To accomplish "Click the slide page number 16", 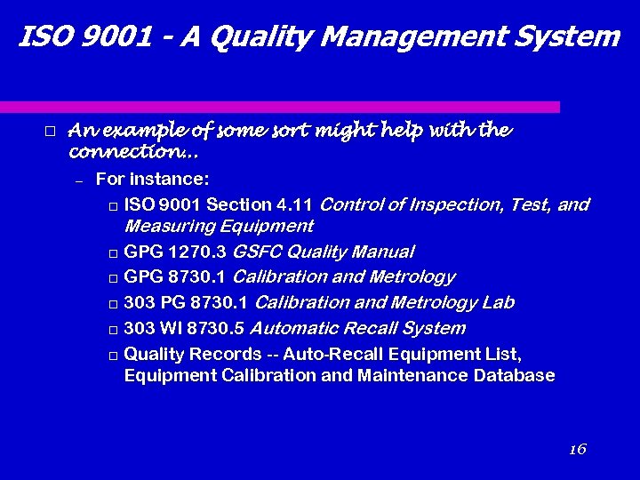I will pos(577,449).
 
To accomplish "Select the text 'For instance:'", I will pos(152,180).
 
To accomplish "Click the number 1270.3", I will pos(196,252).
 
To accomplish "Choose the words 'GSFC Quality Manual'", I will pos(324,252).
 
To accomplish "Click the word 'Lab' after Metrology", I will pos(498,303).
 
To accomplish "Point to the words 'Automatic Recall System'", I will pos(360,329).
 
